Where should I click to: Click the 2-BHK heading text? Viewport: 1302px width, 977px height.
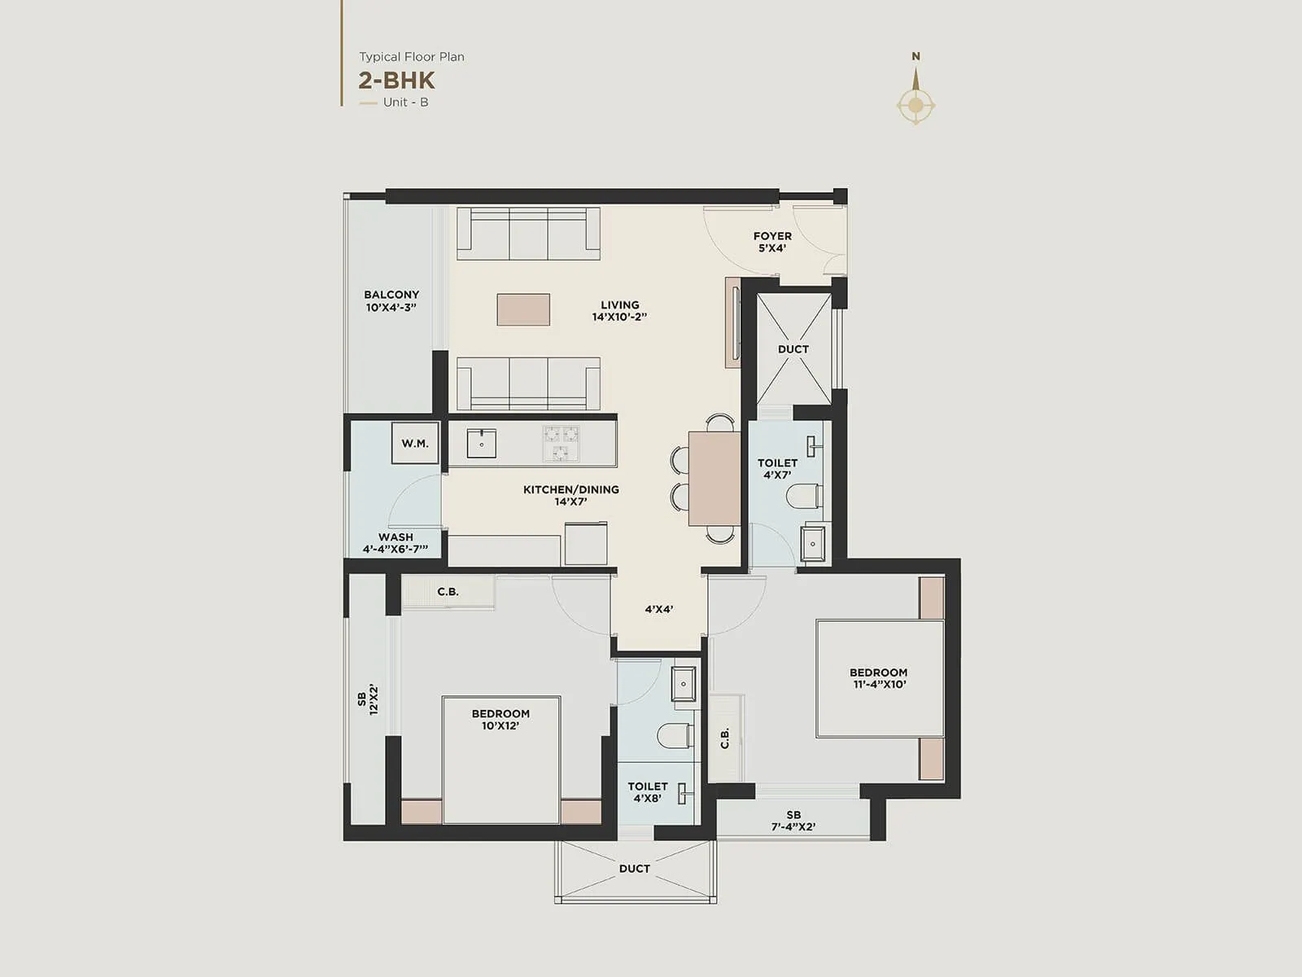pos(396,80)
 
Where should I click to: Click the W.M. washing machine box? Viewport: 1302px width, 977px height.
pos(415,444)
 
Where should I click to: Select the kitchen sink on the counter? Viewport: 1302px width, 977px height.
pos(482,444)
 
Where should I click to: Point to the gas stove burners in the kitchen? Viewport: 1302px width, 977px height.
pos(561,444)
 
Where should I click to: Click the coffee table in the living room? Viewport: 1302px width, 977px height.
pos(523,309)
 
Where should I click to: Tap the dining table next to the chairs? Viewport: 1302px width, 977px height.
pos(714,478)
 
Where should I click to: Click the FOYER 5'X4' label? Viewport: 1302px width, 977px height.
pos(772,242)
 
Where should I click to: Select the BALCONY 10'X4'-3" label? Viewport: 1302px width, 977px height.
pos(391,300)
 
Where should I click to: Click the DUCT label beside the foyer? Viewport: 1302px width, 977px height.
pos(793,349)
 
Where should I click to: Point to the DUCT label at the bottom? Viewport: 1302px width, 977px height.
pos(634,869)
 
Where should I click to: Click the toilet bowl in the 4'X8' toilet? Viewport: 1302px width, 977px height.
pos(675,735)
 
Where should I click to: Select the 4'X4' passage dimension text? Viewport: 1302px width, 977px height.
pos(658,609)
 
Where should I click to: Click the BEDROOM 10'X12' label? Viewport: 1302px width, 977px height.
pos(500,719)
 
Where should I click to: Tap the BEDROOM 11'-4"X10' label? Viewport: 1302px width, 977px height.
pos(878,678)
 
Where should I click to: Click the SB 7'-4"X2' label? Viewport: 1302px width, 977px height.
pos(793,820)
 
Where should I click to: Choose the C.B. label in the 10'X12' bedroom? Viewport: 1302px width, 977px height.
pos(448,592)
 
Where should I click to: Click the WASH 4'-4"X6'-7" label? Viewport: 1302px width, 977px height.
pos(395,543)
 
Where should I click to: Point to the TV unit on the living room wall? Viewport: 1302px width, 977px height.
pos(733,322)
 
